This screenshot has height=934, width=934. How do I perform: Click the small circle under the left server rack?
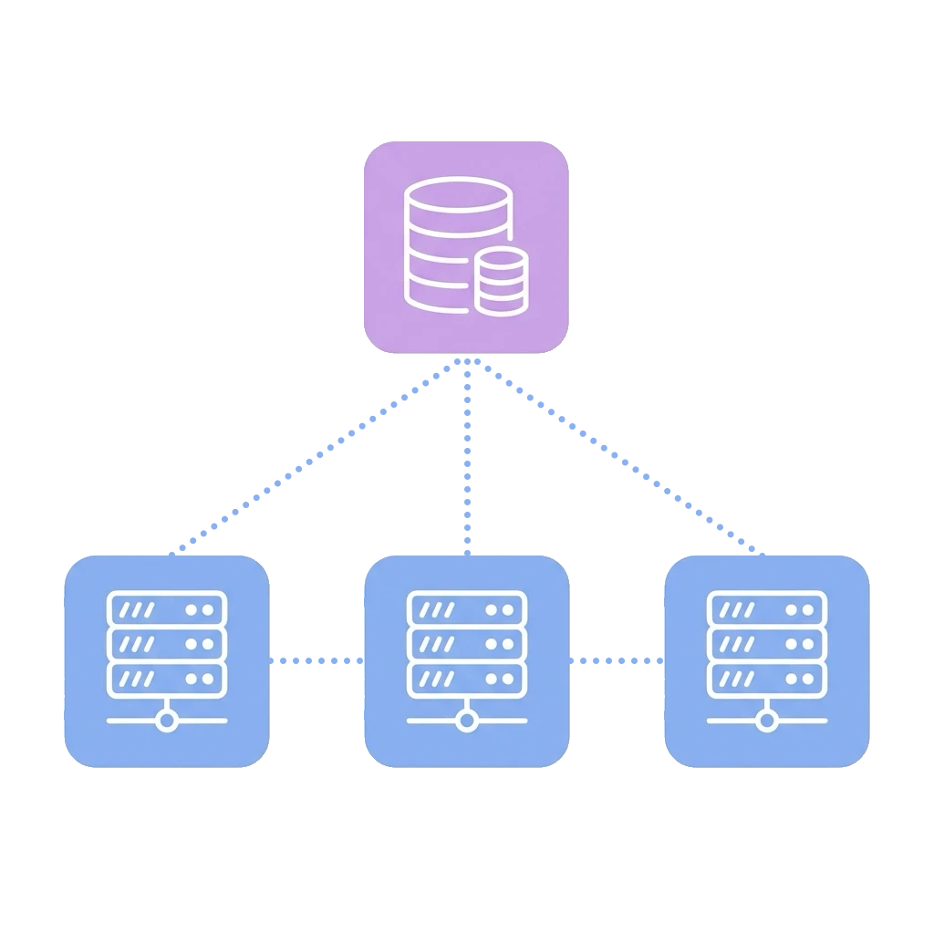click(166, 721)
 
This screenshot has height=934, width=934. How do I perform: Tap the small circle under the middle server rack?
click(466, 721)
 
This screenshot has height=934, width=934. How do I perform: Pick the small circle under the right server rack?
click(767, 721)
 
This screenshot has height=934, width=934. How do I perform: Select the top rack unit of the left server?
click(166, 608)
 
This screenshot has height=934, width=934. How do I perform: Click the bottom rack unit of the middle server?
click(466, 678)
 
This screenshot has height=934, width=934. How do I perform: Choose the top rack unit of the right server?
click(767, 608)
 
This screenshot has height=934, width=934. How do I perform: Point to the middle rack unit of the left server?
click(166, 643)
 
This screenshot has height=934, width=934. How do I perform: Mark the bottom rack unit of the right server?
click(767, 678)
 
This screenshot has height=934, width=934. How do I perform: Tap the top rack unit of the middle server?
click(466, 608)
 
